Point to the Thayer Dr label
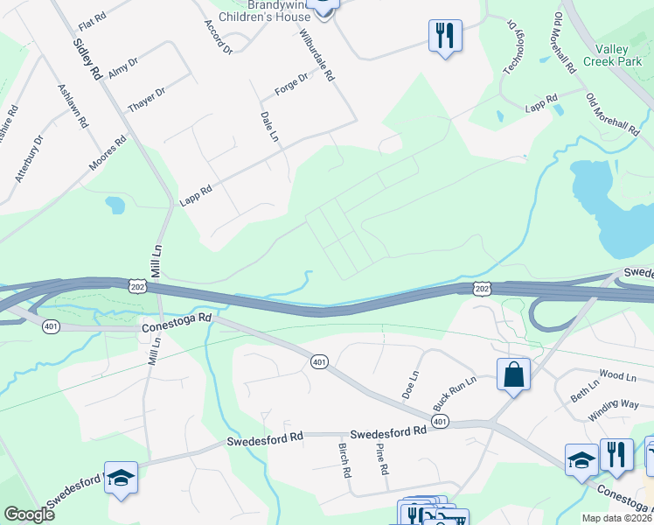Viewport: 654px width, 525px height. pyautogui.click(x=146, y=99)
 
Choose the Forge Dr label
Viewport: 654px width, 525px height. pyautogui.click(x=292, y=83)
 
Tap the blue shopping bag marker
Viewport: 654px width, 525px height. pyautogui.click(x=513, y=375)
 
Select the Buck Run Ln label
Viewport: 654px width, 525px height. pyautogui.click(x=455, y=394)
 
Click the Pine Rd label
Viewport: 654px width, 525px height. pyautogui.click(x=381, y=458)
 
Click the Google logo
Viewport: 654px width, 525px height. pyautogui.click(x=29, y=514)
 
